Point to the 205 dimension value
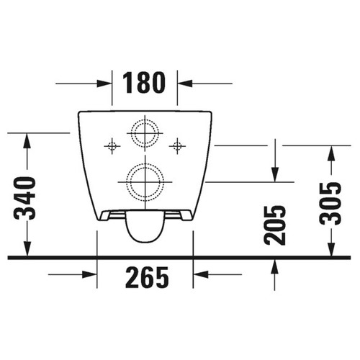click(274, 225)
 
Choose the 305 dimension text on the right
click(330, 203)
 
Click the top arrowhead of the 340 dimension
click(27, 139)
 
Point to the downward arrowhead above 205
click(274, 175)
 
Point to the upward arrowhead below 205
click(274, 265)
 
